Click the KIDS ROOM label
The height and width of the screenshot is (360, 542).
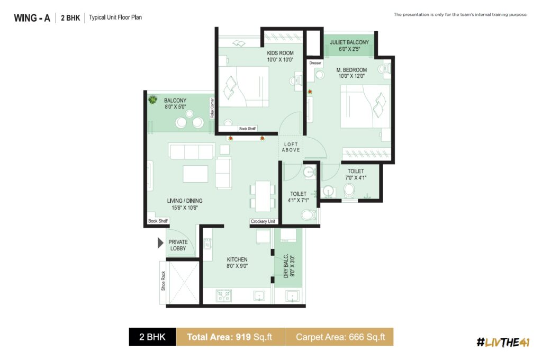point(280,53)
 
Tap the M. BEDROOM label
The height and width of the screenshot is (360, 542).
point(351,70)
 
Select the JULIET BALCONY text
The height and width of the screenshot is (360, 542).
point(349,42)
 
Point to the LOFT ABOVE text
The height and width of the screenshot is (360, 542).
point(291,147)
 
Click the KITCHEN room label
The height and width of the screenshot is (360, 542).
point(237,259)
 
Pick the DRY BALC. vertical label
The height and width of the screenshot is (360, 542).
point(286,266)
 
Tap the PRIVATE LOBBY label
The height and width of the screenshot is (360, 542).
point(178,245)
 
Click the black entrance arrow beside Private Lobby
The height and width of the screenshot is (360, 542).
point(160,243)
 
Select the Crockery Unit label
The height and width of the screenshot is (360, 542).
point(263,221)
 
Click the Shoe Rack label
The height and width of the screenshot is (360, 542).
point(163,281)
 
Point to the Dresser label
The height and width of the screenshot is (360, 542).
point(315,63)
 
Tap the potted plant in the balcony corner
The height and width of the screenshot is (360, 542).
point(152,100)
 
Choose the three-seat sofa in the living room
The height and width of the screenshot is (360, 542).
point(192,151)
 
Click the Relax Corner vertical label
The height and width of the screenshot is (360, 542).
point(212,108)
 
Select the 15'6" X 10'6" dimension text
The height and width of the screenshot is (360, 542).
point(185,208)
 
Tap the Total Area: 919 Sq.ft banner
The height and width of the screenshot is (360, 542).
point(230,337)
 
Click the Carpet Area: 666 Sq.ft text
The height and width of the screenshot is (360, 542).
point(340,337)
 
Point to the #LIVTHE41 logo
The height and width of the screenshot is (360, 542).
point(503,342)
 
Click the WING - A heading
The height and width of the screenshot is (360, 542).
point(32,18)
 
